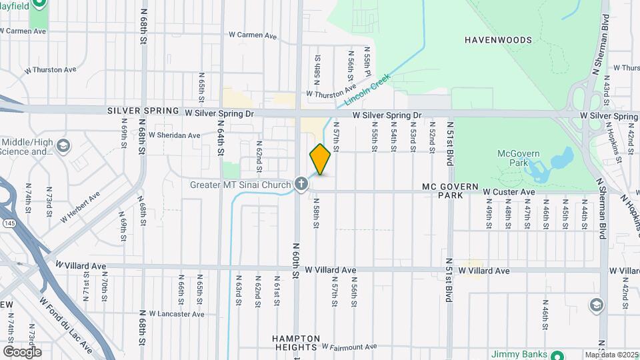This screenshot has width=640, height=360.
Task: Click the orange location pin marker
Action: pos(320,159)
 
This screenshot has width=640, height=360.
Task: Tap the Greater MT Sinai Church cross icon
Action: pos(301,184)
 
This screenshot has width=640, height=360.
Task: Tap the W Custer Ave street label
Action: pos(509,192)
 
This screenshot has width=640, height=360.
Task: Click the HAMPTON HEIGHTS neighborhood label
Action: pos(297,343)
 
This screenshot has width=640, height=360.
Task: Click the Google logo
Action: pos(21,352)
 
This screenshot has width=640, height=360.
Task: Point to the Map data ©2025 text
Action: pos(612,355)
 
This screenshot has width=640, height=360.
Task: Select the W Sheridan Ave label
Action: pos(174,135)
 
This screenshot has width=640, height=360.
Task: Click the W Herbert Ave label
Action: pos(79,206)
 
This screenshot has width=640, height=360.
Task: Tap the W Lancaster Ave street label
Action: pos(177,313)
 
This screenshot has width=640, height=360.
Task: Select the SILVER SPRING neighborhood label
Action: pos(143,111)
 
